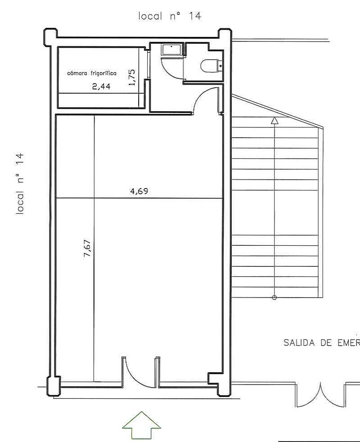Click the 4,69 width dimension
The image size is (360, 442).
pos(139,191)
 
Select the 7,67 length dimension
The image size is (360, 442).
pos(87,248)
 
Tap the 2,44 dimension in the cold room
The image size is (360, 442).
pos(102,86)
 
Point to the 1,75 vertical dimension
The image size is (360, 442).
pos(132,77)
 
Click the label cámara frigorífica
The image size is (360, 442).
pos(92,73)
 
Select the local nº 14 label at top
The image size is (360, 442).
pos(170,16)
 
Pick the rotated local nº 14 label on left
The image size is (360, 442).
pos(20,184)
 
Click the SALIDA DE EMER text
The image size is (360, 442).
pos(322,343)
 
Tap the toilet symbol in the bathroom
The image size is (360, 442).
pos(211,66)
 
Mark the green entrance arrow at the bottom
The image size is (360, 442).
pos(141,426)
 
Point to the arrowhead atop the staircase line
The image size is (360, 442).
pos(274,121)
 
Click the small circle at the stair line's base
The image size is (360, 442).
pos(274,298)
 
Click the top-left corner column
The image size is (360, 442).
pos(50,36)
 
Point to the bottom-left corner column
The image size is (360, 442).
pos(54,386)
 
